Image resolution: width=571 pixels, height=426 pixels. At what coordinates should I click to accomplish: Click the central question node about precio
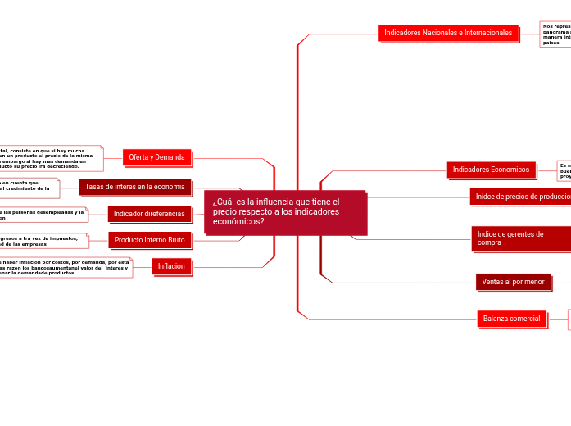coord(285,212)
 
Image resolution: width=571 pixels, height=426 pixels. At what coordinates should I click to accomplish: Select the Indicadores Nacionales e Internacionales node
coord(449,33)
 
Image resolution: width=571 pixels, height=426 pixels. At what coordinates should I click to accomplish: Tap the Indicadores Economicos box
coord(492,170)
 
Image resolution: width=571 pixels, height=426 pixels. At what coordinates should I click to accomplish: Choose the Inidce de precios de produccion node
coord(520,197)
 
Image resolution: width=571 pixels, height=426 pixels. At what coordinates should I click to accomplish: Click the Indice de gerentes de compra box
coord(520,238)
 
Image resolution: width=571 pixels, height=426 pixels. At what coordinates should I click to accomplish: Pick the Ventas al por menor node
coord(513,282)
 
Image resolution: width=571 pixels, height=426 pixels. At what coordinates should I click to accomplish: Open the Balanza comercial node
coord(511,318)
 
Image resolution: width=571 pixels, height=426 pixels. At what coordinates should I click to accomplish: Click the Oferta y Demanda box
coord(156,157)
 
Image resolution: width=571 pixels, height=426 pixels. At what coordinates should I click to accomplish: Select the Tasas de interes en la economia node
coord(135,187)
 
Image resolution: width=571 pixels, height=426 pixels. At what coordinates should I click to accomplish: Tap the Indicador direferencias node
coord(149,214)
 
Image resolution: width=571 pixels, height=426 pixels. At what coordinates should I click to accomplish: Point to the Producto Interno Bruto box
coord(149,240)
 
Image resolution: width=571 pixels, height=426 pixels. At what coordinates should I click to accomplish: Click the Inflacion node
coord(171,265)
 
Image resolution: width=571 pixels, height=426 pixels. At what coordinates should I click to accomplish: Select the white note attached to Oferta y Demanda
coord(49,158)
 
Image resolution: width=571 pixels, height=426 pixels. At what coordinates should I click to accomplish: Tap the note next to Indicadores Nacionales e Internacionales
coord(555,34)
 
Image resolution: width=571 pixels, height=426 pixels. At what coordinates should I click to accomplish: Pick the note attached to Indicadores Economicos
coord(564,170)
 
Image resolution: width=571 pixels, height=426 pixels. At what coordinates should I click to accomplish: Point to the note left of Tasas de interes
coord(29,188)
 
